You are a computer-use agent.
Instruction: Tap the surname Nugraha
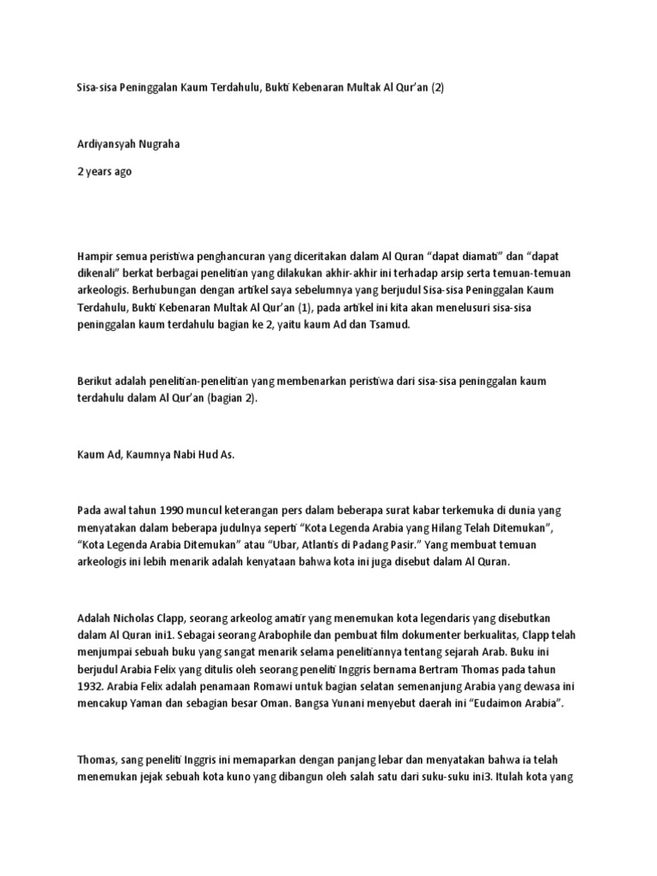(162, 145)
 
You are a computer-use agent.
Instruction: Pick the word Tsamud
(392, 326)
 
